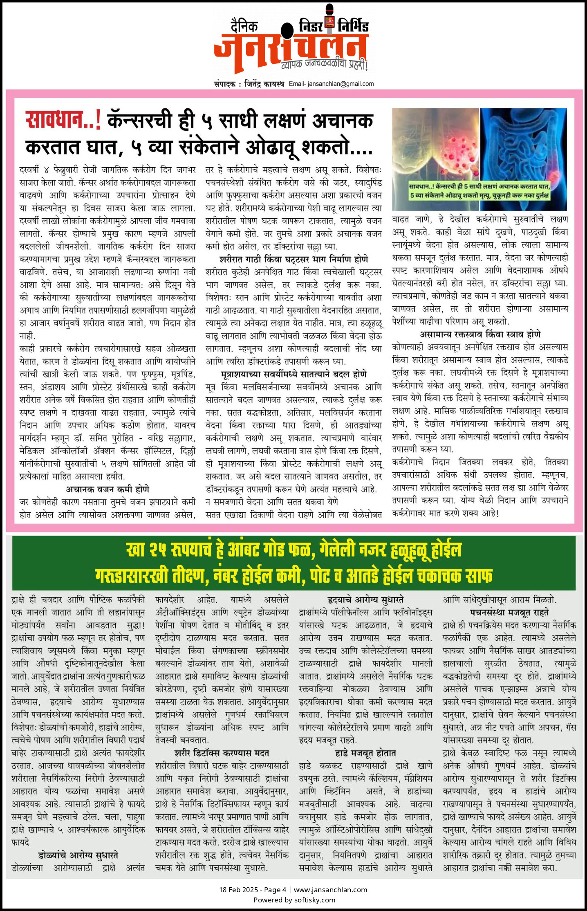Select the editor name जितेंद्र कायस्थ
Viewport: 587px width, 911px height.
pos(264,84)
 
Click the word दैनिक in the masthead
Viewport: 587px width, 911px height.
pos(244,27)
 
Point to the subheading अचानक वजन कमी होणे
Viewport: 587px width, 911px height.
pos(108,489)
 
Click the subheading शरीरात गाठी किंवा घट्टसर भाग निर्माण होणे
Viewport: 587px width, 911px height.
pos(293,259)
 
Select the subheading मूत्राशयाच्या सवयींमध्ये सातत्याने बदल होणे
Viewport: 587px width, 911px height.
pos(293,374)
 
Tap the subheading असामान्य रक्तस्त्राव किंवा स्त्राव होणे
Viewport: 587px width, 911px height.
pos(480,334)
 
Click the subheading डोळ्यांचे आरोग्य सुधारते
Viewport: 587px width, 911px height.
pos(78,855)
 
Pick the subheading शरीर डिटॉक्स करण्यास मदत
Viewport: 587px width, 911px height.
pos(222,753)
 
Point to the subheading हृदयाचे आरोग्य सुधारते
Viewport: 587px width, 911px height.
pos(365,599)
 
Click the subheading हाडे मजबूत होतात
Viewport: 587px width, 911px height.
pos(365,753)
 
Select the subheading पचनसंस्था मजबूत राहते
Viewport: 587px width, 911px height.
pos(509,612)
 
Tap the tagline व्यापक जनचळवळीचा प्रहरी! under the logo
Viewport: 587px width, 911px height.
pos(325,64)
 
